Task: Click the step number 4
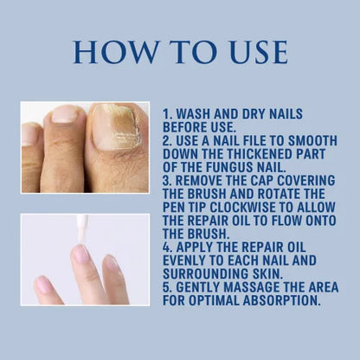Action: (168, 247)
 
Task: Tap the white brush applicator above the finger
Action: (83, 230)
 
